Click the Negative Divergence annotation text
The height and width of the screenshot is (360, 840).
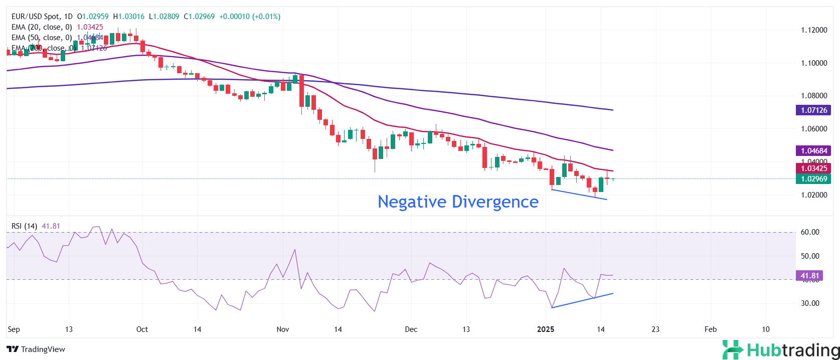[458, 202]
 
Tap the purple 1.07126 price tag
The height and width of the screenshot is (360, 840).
[813, 110]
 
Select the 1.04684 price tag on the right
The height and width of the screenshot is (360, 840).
[813, 151]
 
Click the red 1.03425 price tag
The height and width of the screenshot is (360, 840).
[813, 168]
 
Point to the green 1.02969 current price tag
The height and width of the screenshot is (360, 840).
[813, 179]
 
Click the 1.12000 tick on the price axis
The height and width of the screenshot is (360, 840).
[813, 30]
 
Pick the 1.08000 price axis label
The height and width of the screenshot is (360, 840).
[813, 96]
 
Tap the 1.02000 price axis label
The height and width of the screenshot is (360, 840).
[813, 195]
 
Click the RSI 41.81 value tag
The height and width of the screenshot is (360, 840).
[809, 276]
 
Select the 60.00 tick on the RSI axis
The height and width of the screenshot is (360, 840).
[810, 232]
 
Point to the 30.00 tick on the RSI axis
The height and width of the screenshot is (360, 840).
[810, 303]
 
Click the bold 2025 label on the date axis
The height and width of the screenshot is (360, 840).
[546, 329]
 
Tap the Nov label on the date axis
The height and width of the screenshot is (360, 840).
[283, 329]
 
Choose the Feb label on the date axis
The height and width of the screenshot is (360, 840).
[711, 329]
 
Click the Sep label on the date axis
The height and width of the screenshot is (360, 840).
[14, 329]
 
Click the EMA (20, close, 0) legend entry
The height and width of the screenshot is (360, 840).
[42, 27]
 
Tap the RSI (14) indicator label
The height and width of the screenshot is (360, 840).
[24, 226]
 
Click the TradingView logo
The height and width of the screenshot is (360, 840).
[36, 349]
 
